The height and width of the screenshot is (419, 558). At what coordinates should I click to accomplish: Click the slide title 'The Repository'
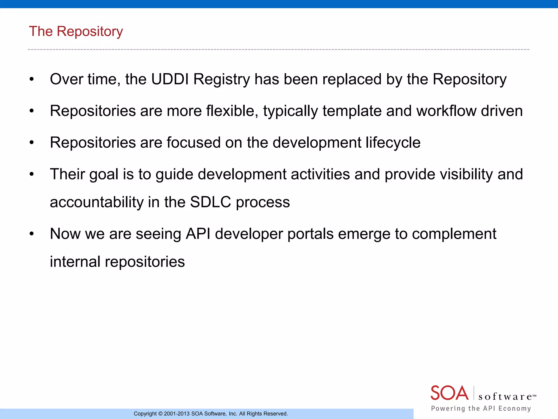tap(76, 31)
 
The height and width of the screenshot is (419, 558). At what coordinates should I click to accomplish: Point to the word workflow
tap(446, 111)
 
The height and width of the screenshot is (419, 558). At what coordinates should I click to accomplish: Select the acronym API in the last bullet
tap(198, 234)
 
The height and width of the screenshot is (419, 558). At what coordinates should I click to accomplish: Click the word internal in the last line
tap(75, 262)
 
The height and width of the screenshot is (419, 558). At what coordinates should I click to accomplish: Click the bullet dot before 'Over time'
tap(32, 79)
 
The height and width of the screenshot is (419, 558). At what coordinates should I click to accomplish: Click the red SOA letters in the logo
tap(449, 393)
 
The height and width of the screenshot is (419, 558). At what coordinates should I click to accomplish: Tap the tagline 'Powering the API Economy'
tap(481, 408)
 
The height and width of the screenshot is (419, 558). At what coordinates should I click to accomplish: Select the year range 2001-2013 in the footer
tap(177, 414)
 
